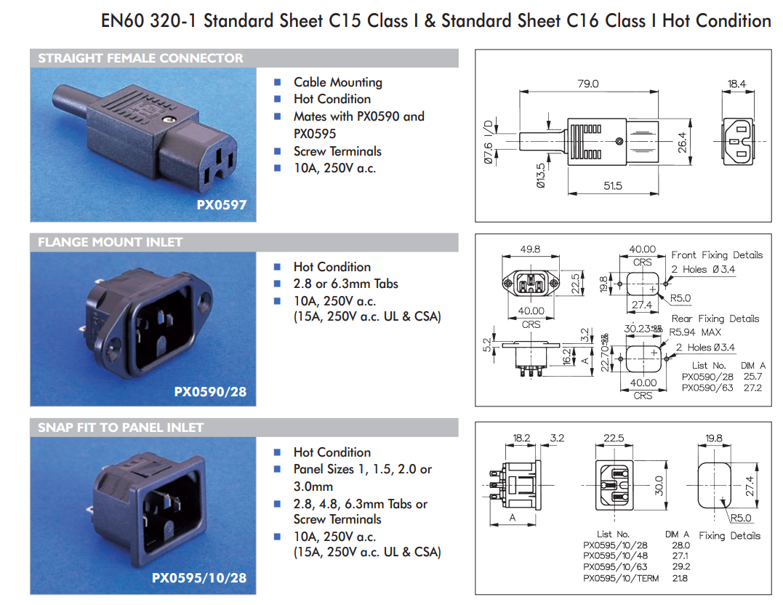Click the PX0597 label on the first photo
(x=221, y=205)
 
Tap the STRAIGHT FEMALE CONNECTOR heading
(x=140, y=58)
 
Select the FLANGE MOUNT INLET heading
(x=111, y=242)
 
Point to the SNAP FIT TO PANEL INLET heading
(x=121, y=428)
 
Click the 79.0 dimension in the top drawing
(x=587, y=84)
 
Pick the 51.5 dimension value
(x=613, y=186)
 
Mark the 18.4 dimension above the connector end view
(x=736, y=84)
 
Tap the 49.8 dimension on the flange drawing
(x=530, y=249)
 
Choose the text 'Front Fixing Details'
(x=717, y=255)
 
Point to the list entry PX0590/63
(x=707, y=388)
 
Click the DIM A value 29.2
(x=681, y=567)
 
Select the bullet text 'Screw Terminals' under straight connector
(x=337, y=151)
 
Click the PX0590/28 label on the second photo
(x=210, y=392)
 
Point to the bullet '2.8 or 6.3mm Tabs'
(x=346, y=284)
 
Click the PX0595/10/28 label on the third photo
(x=198, y=578)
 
